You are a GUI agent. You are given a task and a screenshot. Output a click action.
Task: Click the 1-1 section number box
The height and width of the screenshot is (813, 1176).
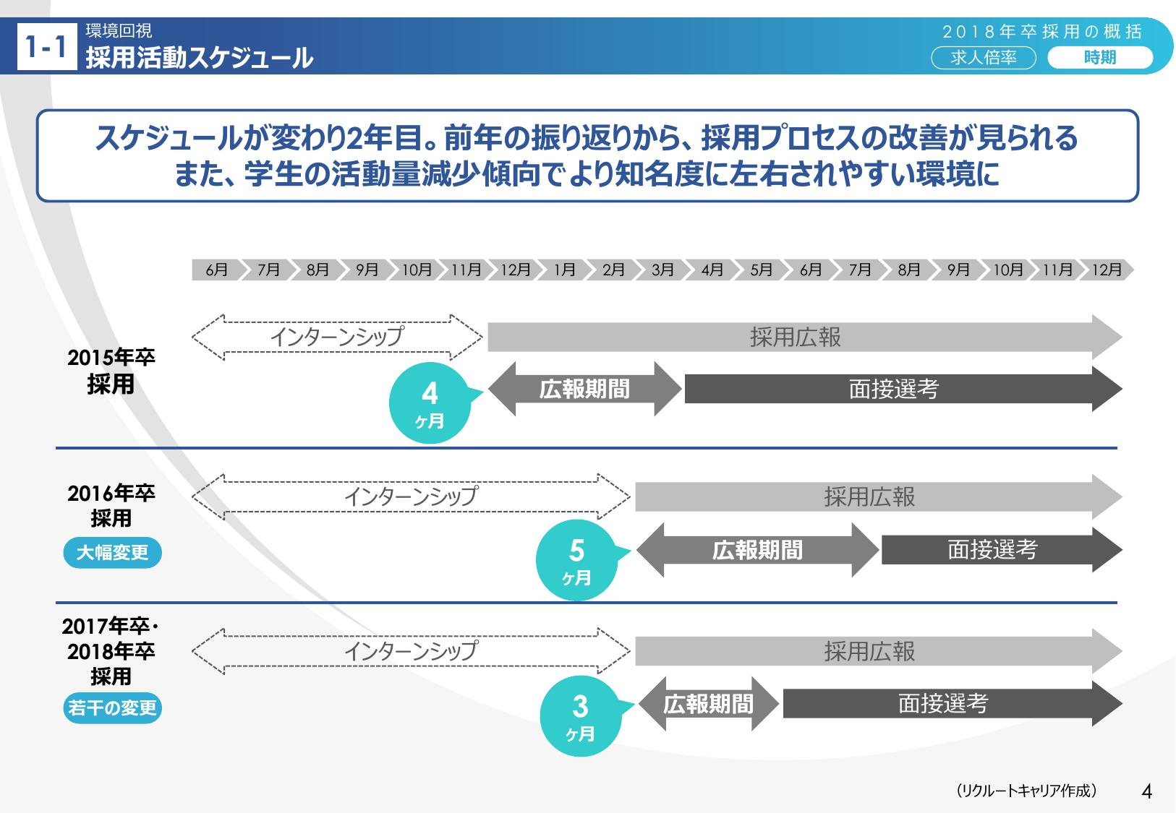click(47, 46)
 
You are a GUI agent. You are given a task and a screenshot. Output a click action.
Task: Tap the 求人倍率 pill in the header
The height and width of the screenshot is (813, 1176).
click(984, 58)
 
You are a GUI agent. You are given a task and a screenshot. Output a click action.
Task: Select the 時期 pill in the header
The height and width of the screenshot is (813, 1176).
click(1100, 58)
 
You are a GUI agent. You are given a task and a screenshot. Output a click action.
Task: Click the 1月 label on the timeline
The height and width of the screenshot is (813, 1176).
click(565, 270)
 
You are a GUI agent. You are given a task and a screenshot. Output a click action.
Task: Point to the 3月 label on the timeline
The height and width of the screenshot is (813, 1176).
click(662, 270)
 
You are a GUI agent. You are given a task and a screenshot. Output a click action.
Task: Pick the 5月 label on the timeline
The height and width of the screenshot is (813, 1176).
click(762, 270)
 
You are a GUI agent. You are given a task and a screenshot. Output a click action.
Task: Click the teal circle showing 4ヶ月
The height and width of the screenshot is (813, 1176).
click(430, 403)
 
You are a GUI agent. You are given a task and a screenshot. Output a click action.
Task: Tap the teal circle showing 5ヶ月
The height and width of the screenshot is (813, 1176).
click(577, 559)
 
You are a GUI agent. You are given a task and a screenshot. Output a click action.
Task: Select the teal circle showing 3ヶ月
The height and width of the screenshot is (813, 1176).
click(581, 715)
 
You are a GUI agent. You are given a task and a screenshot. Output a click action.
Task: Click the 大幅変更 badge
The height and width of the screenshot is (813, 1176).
click(112, 552)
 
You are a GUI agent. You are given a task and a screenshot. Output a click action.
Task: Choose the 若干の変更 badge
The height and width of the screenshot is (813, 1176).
click(112, 707)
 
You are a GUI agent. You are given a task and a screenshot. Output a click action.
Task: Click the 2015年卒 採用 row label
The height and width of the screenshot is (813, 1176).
click(111, 371)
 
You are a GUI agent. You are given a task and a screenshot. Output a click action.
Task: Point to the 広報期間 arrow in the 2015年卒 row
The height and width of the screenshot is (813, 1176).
click(585, 389)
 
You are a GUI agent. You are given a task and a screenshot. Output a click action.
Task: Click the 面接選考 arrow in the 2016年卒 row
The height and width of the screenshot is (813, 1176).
click(1002, 550)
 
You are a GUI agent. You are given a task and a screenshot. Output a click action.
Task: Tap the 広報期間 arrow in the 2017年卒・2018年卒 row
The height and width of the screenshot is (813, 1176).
click(708, 703)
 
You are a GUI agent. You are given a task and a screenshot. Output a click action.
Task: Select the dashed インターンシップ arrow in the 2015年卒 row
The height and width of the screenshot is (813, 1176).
click(337, 337)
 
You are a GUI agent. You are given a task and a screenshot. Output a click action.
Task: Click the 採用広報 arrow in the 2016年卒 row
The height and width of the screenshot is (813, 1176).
click(879, 496)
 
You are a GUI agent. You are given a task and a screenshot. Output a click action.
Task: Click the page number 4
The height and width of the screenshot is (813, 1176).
click(1147, 791)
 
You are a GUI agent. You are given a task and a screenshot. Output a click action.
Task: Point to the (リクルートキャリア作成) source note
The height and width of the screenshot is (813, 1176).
click(1026, 791)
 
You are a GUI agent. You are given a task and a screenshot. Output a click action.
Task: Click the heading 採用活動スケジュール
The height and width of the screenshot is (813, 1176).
click(200, 57)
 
